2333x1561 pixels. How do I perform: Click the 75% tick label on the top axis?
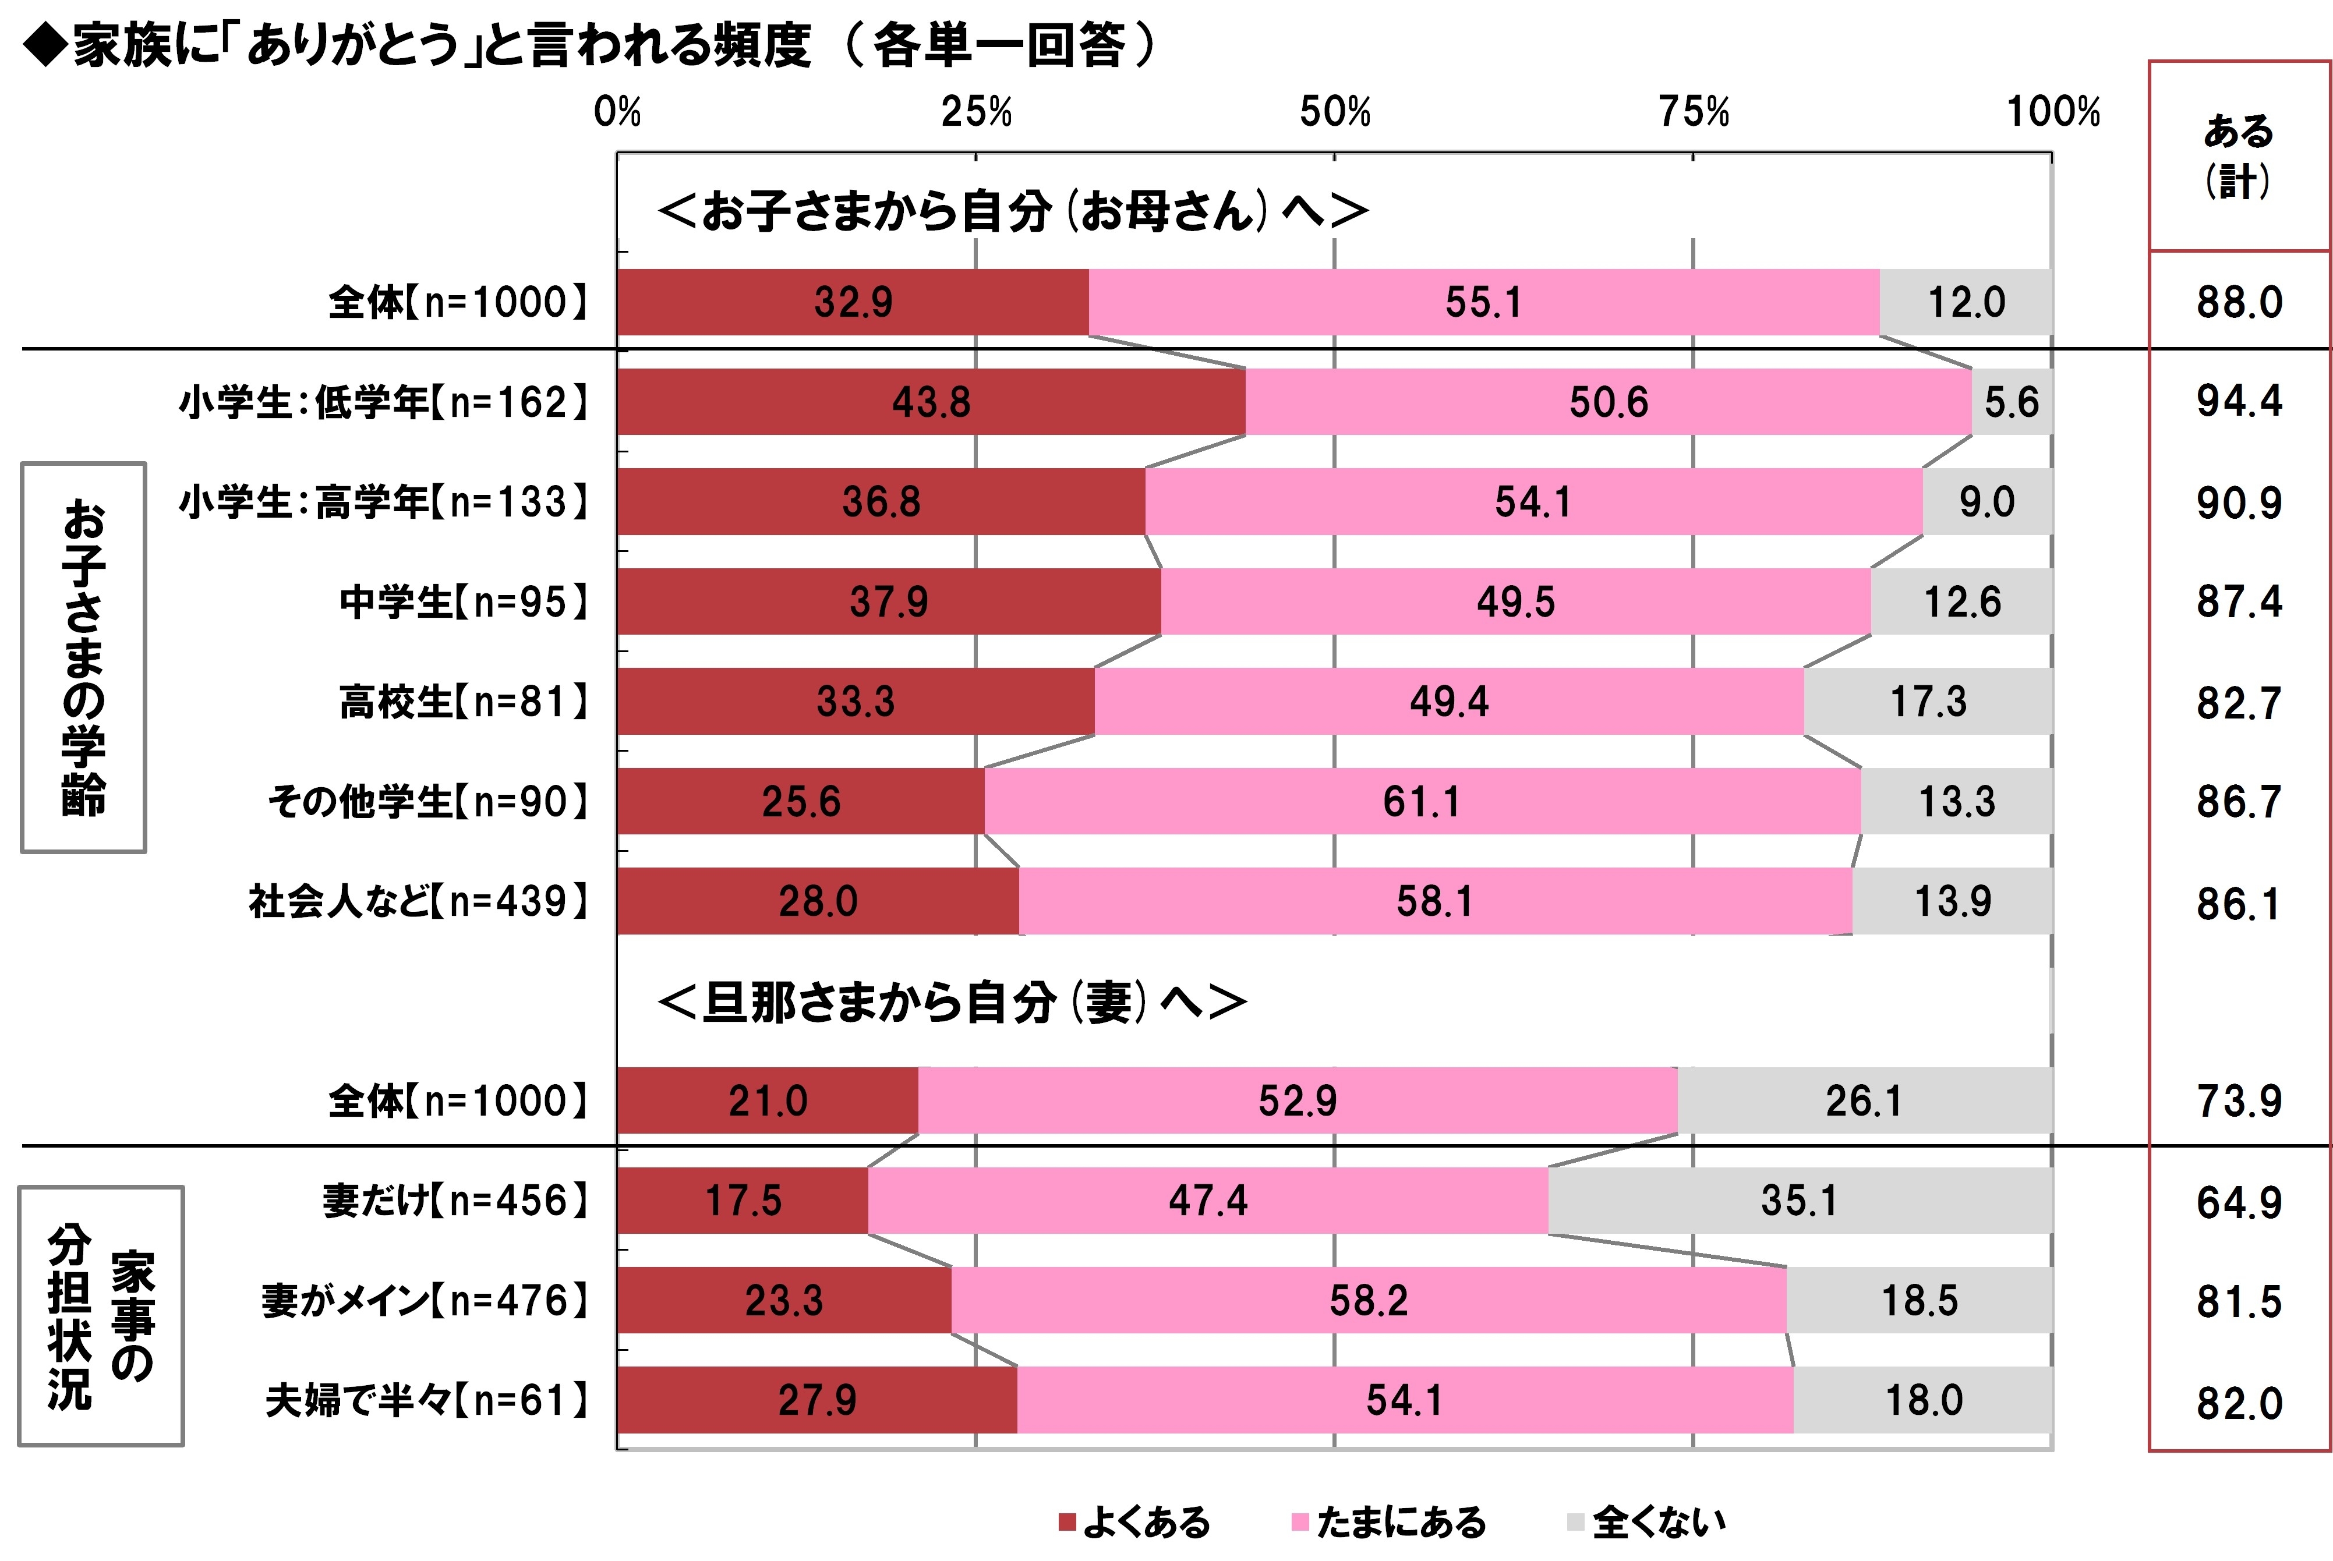pos(1693,112)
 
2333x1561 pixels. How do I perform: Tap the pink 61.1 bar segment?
pos(1422,801)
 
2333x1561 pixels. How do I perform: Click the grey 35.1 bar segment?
pos(1800,1201)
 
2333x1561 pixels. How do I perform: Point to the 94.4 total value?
pos(2239,401)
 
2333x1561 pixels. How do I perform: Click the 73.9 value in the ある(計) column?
pos(2239,1101)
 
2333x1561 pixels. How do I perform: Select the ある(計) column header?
pos(2239,155)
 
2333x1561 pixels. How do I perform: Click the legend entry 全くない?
pos(1646,1522)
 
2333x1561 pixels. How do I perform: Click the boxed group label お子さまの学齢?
pos(84,657)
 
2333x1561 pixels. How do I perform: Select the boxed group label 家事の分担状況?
pos(101,1315)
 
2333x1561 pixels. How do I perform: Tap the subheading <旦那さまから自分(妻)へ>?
pos(951,1003)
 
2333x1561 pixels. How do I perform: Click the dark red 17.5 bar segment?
pos(743,1201)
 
